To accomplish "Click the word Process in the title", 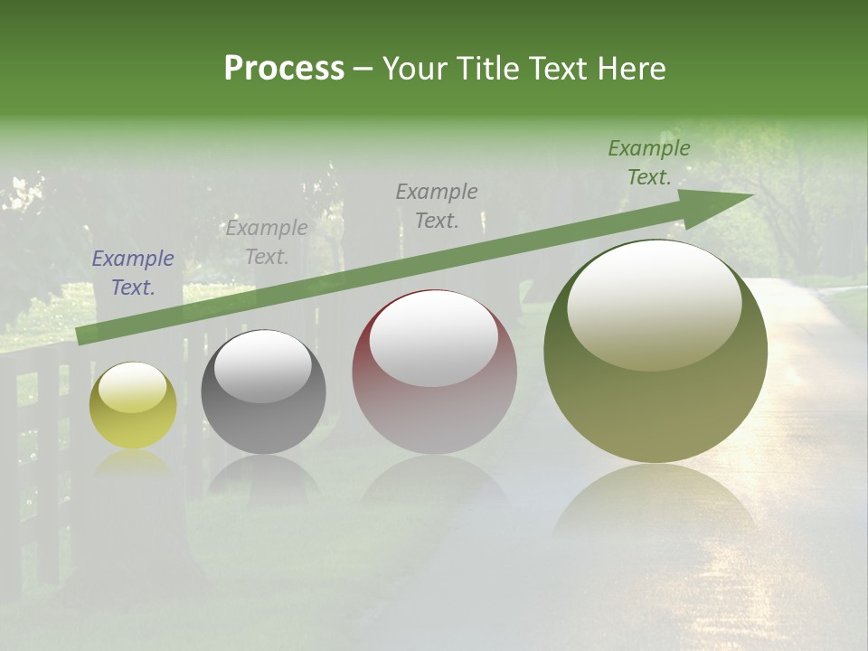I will pos(284,69).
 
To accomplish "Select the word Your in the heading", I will pos(415,69).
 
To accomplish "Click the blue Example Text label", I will pos(133,273).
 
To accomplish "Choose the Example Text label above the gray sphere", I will pos(267,242).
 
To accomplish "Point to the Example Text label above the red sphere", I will pos(437,206).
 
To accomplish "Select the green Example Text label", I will pos(649,163).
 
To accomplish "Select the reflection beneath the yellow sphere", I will pos(133,462).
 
